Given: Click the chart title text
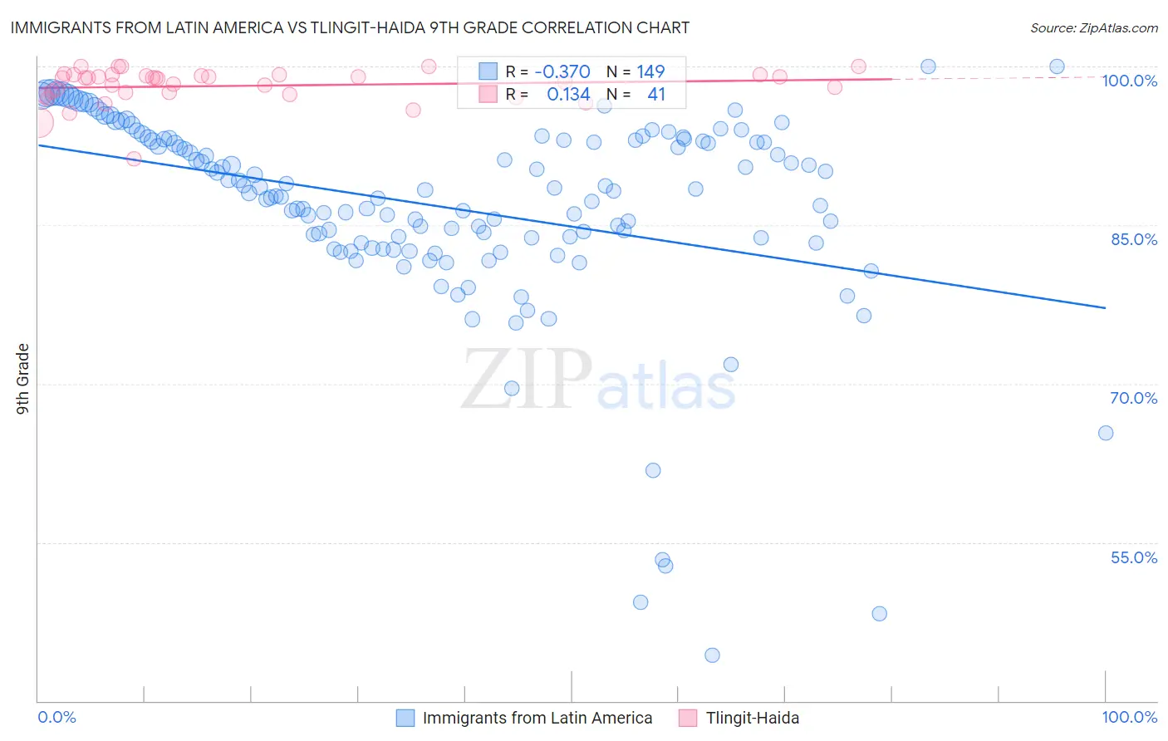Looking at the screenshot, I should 350,27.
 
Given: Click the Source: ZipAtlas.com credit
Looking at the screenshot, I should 1093,27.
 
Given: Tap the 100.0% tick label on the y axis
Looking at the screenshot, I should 1129,81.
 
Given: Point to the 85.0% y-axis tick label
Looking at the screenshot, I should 1133,239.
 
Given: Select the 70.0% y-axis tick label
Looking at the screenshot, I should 1133,398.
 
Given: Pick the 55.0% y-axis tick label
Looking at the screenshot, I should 1133,557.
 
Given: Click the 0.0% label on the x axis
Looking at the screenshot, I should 57,717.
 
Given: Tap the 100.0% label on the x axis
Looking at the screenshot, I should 1129,717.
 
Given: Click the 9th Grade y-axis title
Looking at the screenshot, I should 23,379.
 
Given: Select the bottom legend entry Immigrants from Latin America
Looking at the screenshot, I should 537,718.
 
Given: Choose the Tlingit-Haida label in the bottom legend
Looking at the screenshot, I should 752,718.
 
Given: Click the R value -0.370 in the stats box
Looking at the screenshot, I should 562,71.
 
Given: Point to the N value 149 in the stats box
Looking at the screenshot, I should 650,71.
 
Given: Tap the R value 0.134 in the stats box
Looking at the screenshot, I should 568,94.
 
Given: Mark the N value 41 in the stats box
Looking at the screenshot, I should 656,94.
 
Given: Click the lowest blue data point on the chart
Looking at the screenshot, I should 712,655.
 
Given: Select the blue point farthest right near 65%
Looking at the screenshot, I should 1105,433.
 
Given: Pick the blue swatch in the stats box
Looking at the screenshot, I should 488,71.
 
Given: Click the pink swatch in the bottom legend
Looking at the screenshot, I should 688,718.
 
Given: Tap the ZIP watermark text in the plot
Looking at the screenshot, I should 527,379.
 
